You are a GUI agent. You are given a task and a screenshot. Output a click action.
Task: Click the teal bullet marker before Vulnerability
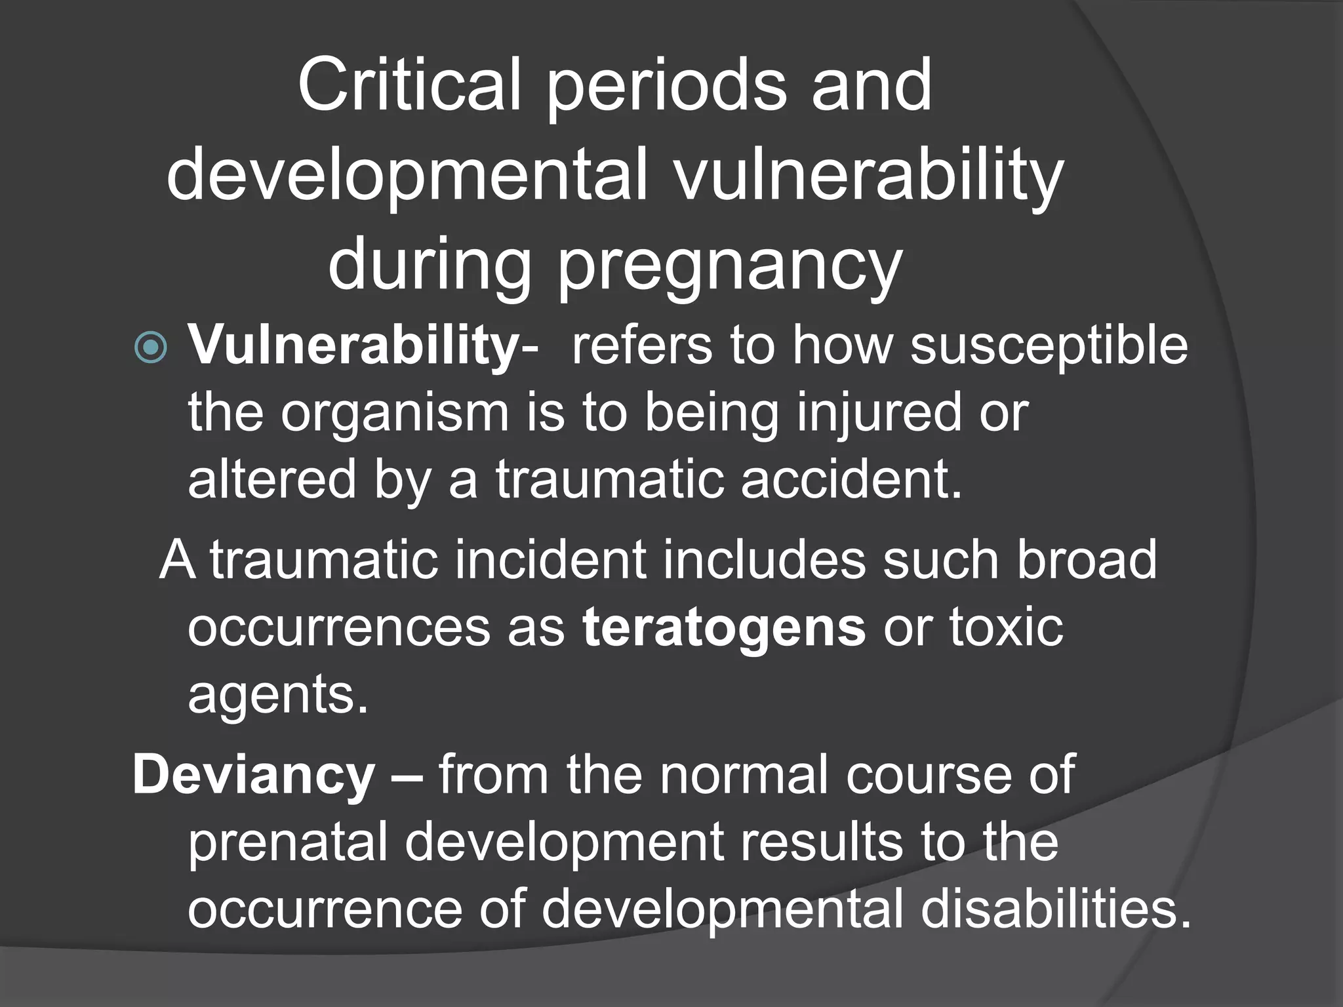click(151, 347)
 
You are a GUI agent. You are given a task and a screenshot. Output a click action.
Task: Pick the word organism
click(395, 414)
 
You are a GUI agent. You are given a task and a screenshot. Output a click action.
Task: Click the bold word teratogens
click(724, 628)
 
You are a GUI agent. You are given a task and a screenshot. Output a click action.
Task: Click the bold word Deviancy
click(254, 776)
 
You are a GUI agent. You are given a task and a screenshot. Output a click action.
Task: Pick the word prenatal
click(288, 843)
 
